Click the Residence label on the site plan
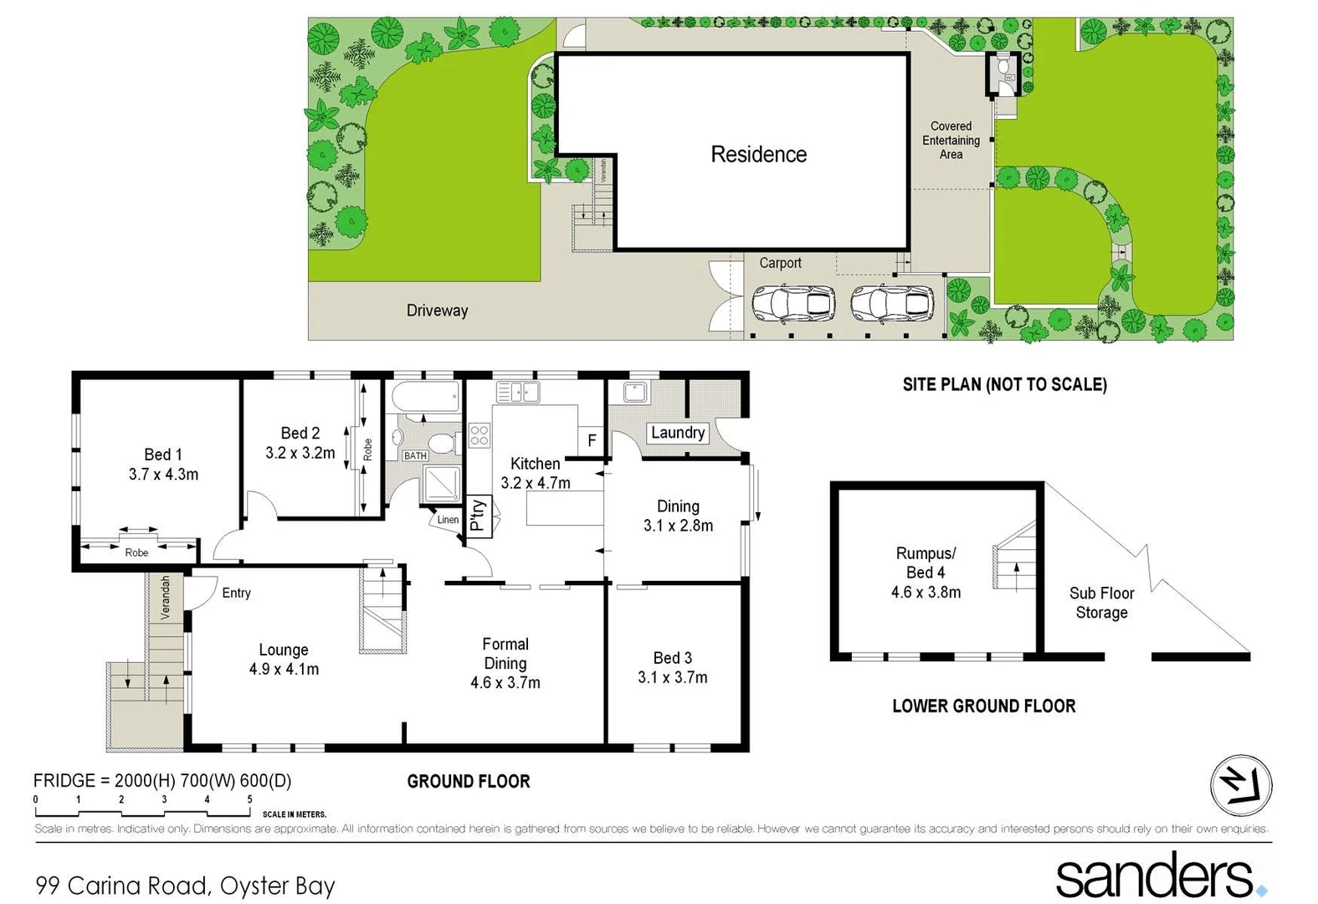click(758, 154)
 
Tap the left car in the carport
click(793, 304)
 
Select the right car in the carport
click(892, 304)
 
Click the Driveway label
click(437, 311)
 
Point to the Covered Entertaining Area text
click(951, 141)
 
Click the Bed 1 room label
click(162, 455)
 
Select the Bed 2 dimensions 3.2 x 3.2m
click(300, 453)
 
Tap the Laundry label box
click(678, 433)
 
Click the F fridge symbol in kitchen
click(592, 440)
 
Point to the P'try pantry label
click(477, 516)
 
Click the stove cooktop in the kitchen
click(479, 435)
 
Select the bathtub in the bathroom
click(426, 397)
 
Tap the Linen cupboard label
click(448, 520)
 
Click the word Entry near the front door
click(236, 593)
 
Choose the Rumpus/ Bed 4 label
click(926, 562)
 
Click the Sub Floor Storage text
click(1101, 603)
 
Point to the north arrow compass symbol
click(1241, 786)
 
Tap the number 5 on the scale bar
click(249, 799)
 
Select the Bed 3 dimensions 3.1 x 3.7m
click(672, 677)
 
